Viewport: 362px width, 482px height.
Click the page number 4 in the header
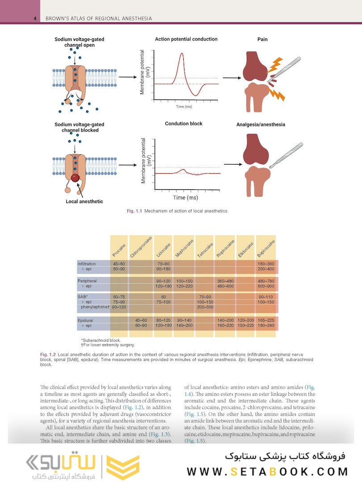coord(34,18)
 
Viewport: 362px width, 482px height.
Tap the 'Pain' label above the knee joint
coord(262,40)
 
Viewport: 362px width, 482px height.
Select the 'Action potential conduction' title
coord(186,39)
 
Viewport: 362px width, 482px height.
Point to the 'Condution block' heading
coord(184,124)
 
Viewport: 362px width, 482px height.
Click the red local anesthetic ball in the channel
coord(76,178)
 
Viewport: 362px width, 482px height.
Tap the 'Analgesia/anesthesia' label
coord(261,125)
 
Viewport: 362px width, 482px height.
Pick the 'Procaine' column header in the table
coord(118,251)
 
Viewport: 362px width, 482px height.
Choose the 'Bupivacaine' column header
coord(265,248)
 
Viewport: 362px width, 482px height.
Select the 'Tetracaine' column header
coord(205,250)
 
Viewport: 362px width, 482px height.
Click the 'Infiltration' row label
coord(87,264)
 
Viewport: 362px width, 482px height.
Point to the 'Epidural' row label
coord(85,320)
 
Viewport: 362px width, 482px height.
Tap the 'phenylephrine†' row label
coord(95,307)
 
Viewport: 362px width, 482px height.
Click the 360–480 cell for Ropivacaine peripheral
coord(225,281)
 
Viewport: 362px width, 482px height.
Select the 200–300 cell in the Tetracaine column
coord(205,307)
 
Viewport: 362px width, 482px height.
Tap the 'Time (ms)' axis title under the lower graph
coord(186,197)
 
